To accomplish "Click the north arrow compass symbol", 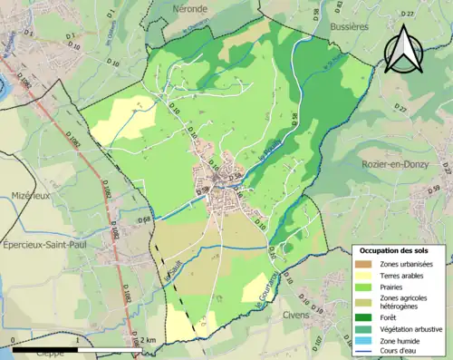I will (x=405, y=51).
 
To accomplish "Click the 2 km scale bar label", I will (x=147, y=340).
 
